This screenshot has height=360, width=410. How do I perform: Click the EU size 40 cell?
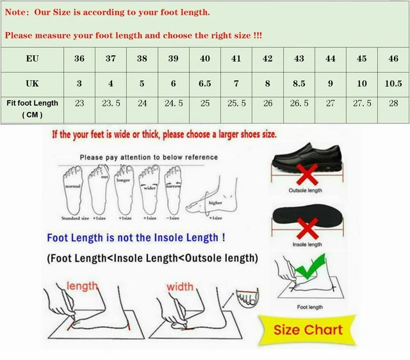205,58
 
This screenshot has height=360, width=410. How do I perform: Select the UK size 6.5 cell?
205,84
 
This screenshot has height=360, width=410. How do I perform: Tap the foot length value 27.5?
362,103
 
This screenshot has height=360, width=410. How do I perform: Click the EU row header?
32,58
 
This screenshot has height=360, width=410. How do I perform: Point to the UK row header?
32,84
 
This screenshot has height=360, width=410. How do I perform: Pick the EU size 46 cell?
393,58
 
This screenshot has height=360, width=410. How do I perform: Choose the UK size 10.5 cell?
393,84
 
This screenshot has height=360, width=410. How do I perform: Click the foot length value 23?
79,103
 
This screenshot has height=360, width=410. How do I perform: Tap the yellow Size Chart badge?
308,331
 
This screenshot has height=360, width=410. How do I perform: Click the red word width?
180,286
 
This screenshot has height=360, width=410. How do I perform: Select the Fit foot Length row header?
32,108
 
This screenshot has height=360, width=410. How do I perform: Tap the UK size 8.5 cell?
299,84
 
